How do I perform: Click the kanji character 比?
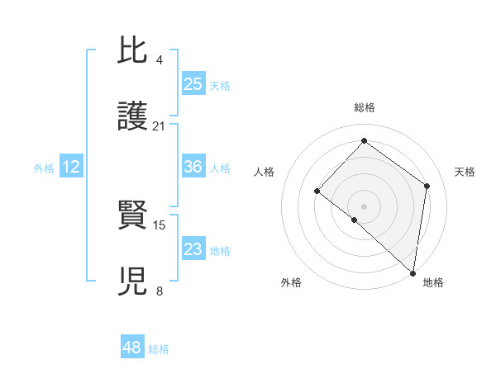(133, 51)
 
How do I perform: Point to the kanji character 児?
(133, 281)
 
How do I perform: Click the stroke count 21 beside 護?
(160, 126)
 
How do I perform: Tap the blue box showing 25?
(193, 83)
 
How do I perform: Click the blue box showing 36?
(193, 167)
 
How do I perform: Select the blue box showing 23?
(193, 249)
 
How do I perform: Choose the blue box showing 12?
(71, 167)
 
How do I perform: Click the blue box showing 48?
(132, 348)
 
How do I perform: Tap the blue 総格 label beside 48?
(159, 349)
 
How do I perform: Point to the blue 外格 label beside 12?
(44, 168)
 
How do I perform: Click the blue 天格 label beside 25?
(220, 86)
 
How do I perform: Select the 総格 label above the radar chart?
(365, 107)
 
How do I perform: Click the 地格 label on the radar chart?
(433, 282)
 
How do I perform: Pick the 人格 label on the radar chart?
(264, 172)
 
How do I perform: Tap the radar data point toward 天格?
(427, 186)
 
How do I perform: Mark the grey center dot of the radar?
(364, 206)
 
